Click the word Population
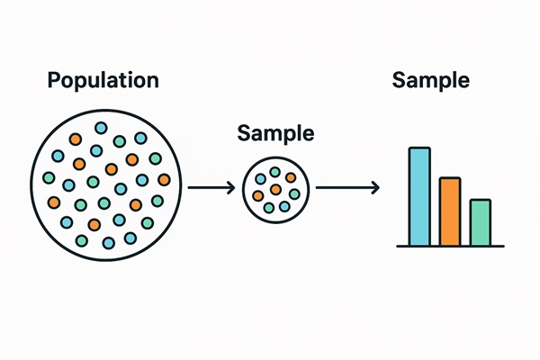pos(103,80)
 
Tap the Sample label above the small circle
pos(275,133)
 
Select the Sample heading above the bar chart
pos(431,80)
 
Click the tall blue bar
pos(419,196)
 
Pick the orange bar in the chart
pos(450,211)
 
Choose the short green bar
pos(480,222)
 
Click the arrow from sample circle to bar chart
pos(346,187)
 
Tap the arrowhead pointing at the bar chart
pos(373,187)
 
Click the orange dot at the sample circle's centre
pos(275,190)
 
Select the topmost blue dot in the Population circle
pos(101,127)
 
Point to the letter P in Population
pos(53,80)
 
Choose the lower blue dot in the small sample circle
pos(284,206)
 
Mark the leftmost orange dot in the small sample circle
pos(258,194)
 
